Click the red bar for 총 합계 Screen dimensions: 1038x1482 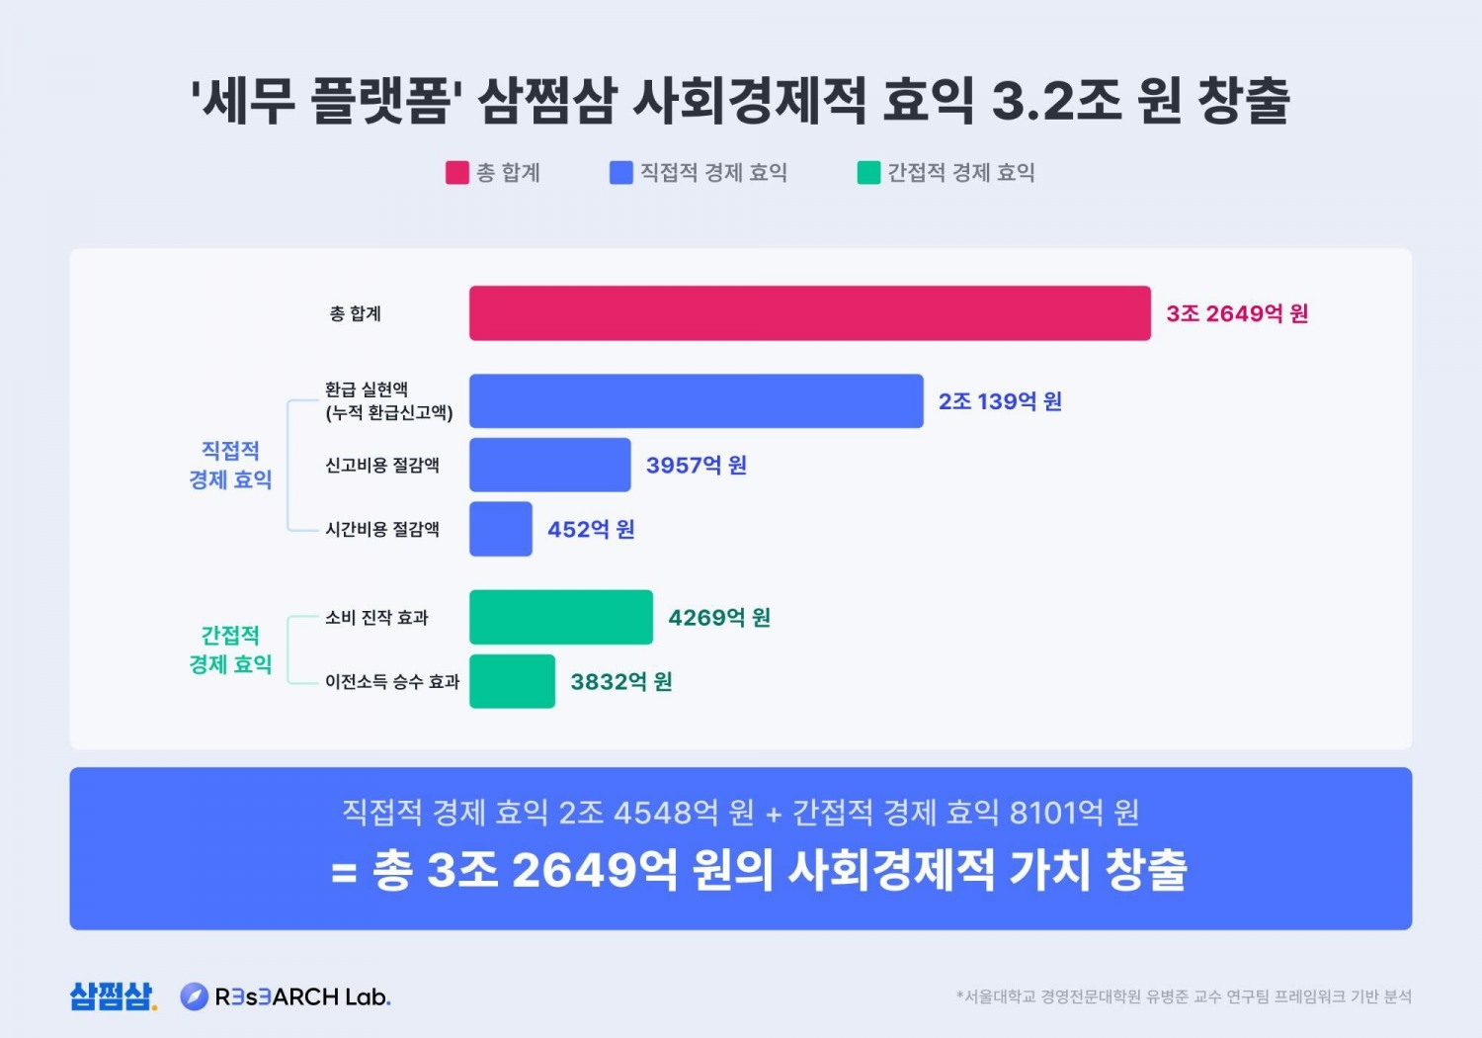pos(809,313)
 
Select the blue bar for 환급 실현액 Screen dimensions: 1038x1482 pos(696,400)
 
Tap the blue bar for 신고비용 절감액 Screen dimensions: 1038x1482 pos(549,465)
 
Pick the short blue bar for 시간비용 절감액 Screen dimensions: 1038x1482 pos(500,529)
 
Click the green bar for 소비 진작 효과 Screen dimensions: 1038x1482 pos(560,617)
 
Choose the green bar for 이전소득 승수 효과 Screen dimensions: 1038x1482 pos(512,681)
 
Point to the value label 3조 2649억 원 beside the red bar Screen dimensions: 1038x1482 pos(1236,313)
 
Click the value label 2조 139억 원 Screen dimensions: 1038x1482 pos(1000,401)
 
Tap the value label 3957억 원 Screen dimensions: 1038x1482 pos(696,466)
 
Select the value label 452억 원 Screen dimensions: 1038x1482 pos(591,530)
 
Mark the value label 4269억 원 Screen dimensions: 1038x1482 pos(718,618)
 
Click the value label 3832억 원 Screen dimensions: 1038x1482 pos(620,682)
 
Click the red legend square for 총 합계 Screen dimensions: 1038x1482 pos(456,173)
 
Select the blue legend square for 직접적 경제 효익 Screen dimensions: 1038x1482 pos(620,173)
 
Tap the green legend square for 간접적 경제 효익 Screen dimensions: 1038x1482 pos(867,173)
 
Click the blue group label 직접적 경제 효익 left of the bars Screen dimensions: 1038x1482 pos(230,465)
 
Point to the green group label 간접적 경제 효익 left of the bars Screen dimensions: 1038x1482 pos(230,649)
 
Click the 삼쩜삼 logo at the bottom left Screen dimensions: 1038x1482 pos(113,995)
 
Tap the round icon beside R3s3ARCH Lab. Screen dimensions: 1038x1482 pos(194,996)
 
